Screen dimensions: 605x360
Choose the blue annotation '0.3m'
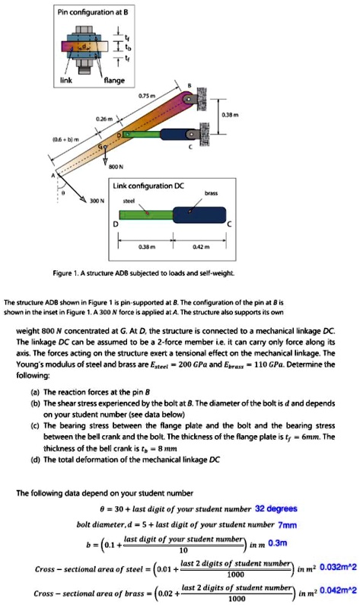click(x=278, y=543)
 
